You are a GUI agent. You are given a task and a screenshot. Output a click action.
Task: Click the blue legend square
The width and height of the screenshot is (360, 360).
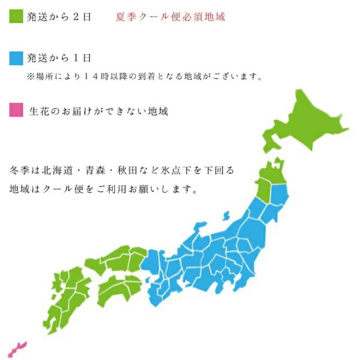[x=16, y=58]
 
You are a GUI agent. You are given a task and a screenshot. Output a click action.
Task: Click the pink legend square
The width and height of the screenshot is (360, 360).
[x=16, y=111]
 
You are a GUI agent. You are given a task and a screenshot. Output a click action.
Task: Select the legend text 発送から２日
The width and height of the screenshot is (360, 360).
[x=58, y=16]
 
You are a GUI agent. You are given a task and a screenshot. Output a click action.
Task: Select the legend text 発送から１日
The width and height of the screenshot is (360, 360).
[x=58, y=58]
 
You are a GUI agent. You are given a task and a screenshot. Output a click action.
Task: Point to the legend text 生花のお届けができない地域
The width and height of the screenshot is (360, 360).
[x=98, y=111]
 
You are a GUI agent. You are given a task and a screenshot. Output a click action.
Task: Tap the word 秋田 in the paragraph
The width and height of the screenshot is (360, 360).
[x=139, y=169]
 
